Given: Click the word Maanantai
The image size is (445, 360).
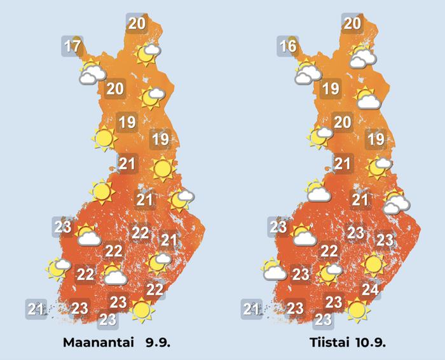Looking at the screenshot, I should (99, 342).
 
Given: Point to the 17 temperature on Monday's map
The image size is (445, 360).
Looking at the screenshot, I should (72, 46).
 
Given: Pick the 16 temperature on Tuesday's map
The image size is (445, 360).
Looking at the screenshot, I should (288, 46).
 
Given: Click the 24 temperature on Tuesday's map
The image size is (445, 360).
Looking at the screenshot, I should (371, 290).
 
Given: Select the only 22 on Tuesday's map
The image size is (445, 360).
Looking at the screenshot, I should (329, 251).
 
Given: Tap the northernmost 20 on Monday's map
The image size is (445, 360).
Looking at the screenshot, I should (136, 24).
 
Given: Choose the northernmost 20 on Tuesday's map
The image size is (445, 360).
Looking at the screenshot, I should (352, 24).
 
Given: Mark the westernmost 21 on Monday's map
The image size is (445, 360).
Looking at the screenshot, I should (36, 310).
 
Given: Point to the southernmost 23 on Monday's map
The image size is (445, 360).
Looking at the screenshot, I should (108, 319).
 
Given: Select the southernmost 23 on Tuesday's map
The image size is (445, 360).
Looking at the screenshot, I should (324, 319).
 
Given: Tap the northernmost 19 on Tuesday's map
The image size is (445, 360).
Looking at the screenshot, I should (331, 88).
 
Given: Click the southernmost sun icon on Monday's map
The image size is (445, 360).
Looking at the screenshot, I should (142, 310).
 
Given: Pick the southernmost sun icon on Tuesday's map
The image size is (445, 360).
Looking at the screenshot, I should (358, 310).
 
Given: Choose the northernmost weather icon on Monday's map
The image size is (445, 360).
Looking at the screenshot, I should (147, 53).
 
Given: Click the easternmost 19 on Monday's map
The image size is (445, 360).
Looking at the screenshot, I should (160, 138).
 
